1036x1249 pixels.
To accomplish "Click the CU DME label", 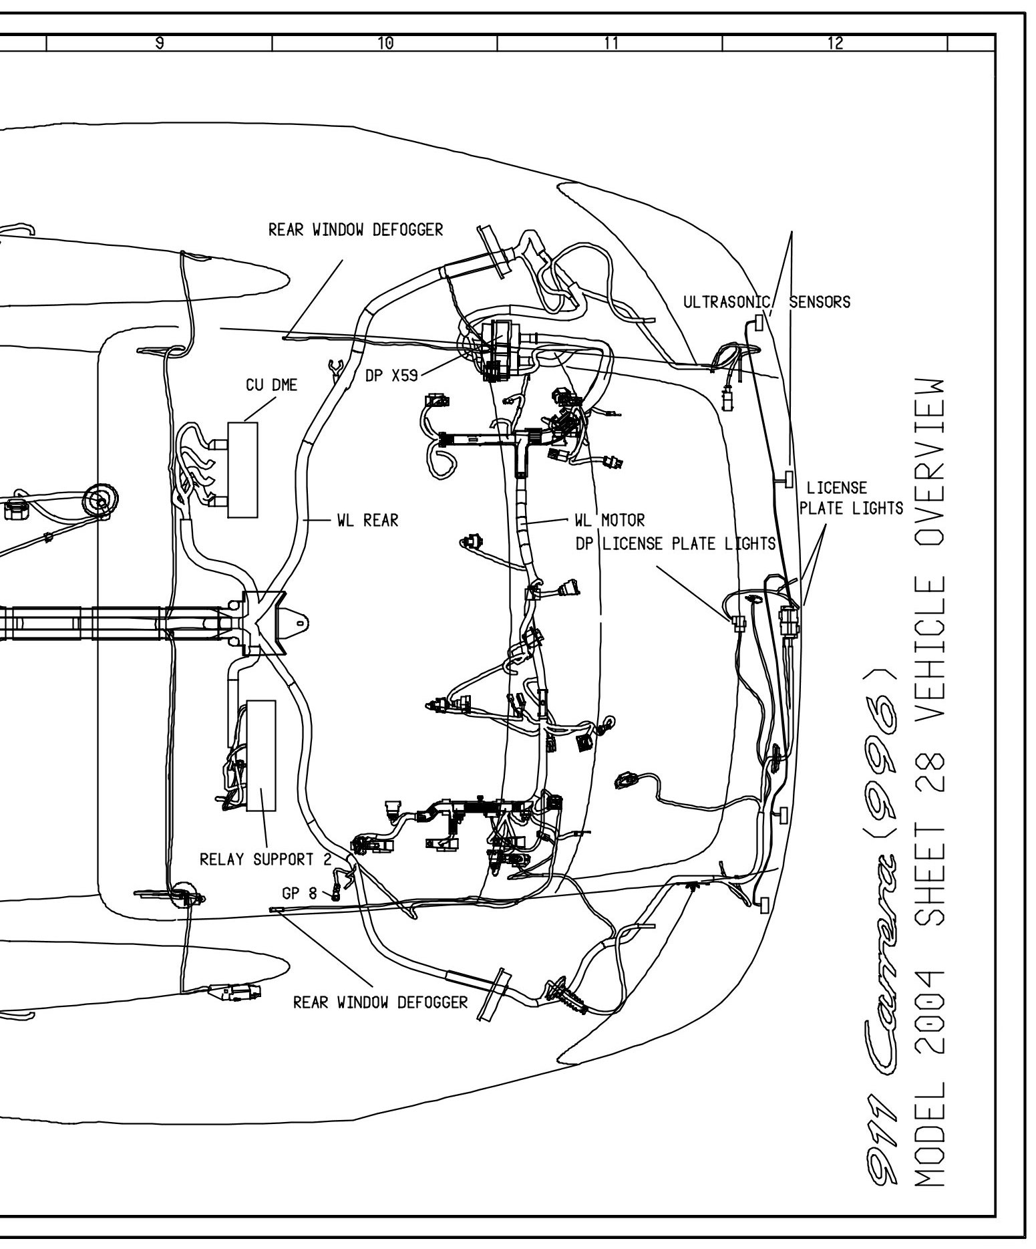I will coord(271,386).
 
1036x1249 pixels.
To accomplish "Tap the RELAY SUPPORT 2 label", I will coord(265,859).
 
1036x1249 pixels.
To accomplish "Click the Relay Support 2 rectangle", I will coord(261,756).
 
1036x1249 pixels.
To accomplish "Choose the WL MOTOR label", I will coord(610,520).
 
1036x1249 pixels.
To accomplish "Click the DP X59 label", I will coord(391,376).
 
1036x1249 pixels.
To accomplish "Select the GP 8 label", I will coord(299,893).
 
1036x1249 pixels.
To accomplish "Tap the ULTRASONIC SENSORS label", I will coord(767,302).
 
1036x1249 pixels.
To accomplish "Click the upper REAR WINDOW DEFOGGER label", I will coord(355,231).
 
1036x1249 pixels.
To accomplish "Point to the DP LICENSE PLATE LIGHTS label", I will coord(675,544).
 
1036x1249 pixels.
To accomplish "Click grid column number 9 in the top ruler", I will coord(160,43).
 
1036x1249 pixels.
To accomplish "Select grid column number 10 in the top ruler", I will coord(385,43).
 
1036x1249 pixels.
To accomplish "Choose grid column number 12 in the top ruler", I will coord(835,43).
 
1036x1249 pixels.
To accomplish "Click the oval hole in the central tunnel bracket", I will coord(301,623).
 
